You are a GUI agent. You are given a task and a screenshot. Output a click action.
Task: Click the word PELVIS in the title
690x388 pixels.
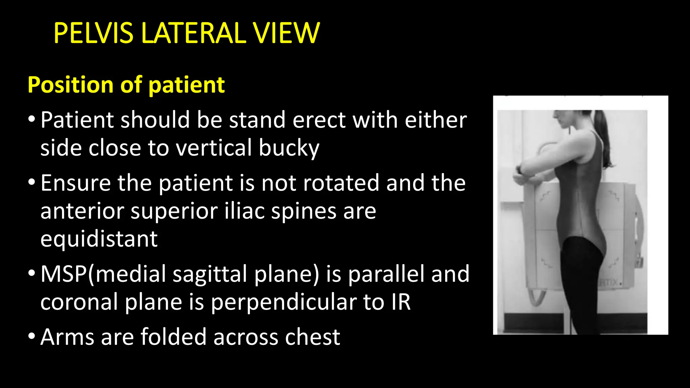93,33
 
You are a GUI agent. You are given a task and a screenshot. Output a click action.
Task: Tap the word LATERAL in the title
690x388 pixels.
194,33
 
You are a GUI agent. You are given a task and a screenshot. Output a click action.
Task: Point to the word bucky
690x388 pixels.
289,148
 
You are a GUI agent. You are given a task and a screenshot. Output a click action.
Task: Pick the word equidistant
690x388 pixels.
99,239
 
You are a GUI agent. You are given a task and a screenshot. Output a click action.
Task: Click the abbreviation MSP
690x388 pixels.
63,273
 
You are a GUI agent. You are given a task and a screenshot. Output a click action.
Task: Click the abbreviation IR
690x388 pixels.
401,302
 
